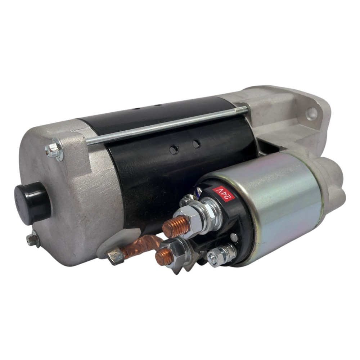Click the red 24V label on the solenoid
(x=224, y=194)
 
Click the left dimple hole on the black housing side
(x=174, y=148)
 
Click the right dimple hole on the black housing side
(x=196, y=144)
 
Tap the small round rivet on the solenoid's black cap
(x=234, y=237)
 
